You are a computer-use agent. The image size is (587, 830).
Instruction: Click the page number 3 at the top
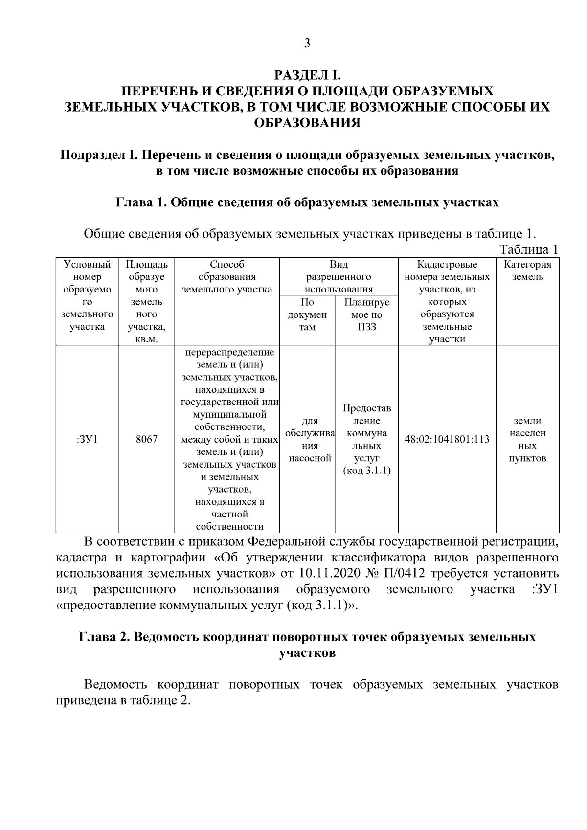click(x=307, y=44)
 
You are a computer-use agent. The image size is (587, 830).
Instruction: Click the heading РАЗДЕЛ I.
click(x=307, y=75)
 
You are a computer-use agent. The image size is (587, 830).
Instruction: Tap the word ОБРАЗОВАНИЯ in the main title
click(x=307, y=122)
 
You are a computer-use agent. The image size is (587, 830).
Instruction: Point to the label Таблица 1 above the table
click(x=529, y=249)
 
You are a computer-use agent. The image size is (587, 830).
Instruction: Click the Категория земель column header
click(x=527, y=271)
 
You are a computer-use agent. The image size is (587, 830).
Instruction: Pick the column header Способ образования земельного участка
click(x=227, y=277)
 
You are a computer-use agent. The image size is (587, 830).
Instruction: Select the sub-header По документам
click(x=307, y=314)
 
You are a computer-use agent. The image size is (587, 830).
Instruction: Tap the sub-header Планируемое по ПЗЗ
click(x=367, y=314)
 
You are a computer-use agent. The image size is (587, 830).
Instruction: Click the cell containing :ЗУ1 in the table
click(x=88, y=439)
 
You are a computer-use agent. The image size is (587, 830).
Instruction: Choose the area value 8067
click(x=147, y=439)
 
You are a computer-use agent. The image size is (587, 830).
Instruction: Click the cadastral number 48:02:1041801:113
click(x=447, y=439)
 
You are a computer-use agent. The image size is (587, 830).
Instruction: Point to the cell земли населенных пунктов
click(x=527, y=439)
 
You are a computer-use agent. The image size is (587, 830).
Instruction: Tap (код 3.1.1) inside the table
click(x=367, y=471)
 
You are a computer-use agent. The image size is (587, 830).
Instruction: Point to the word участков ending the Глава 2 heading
click(x=307, y=653)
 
